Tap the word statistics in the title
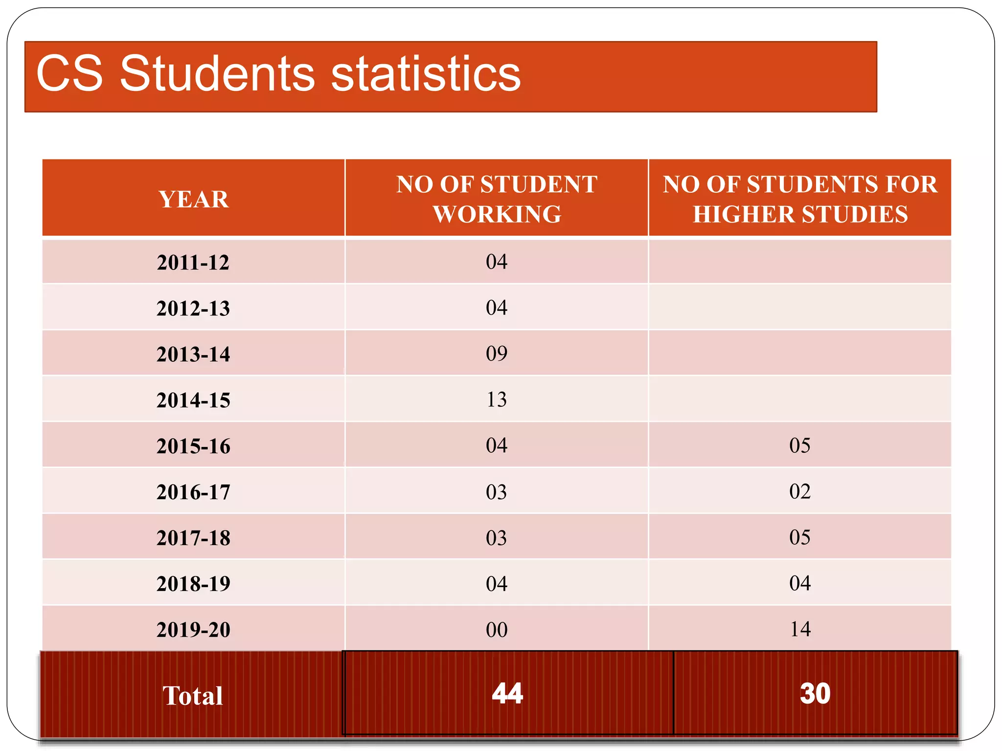[426, 74]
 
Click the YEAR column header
[194, 199]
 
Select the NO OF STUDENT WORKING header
[497, 199]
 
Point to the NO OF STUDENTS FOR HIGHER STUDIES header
[800, 199]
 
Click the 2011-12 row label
[193, 263]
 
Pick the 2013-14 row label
[193, 354]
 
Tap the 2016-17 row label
[193, 492]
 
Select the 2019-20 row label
[193, 630]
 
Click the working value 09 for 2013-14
[497, 353]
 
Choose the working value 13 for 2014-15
[497, 399]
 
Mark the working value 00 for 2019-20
[497, 630]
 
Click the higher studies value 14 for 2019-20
[800, 629]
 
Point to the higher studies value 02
[800, 491]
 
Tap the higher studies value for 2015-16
[800, 445]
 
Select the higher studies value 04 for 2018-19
[800, 583]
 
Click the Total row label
[193, 696]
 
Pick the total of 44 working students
[507, 694]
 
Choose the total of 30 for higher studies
[815, 694]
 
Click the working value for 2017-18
[497, 538]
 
